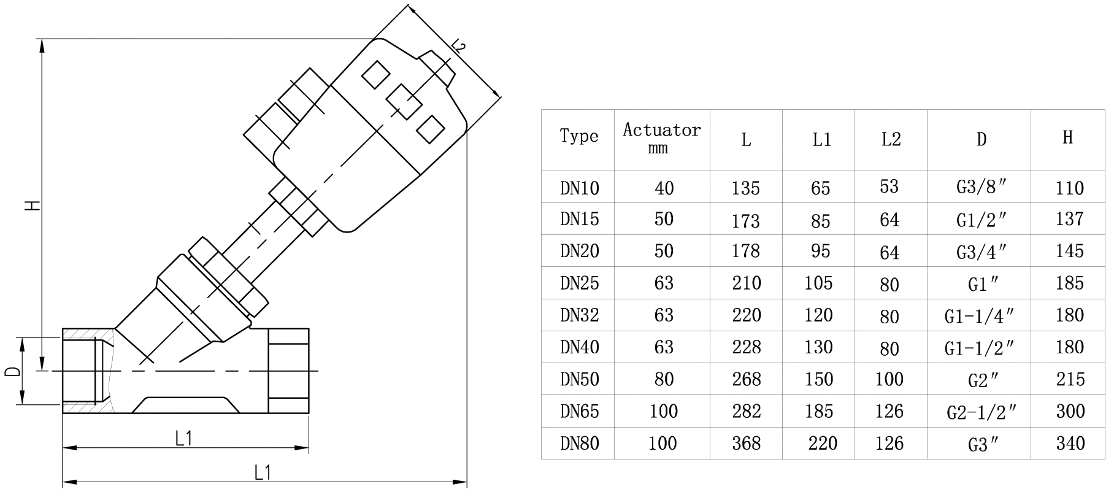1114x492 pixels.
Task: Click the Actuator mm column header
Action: pos(662,138)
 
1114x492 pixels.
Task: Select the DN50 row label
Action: pos(579,379)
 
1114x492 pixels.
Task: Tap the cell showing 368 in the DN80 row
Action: pos(746,443)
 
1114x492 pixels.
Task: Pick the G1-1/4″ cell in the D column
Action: pos(980,315)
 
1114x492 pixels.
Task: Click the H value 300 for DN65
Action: pos(1070,411)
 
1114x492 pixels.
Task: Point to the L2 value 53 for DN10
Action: pos(889,186)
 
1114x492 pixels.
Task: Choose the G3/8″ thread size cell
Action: pos(981,187)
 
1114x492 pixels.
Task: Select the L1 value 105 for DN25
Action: pos(819,283)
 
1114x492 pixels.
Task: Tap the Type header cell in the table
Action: pos(578,136)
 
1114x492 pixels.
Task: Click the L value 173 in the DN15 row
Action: pos(746,220)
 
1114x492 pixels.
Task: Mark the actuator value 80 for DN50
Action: pos(664,379)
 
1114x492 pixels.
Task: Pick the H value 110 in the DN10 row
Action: pos(1070,188)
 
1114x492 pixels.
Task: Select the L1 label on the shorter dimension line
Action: pos(184,438)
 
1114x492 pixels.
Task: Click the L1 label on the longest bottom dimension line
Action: pos(263,472)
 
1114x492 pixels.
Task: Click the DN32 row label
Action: pos(579,315)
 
